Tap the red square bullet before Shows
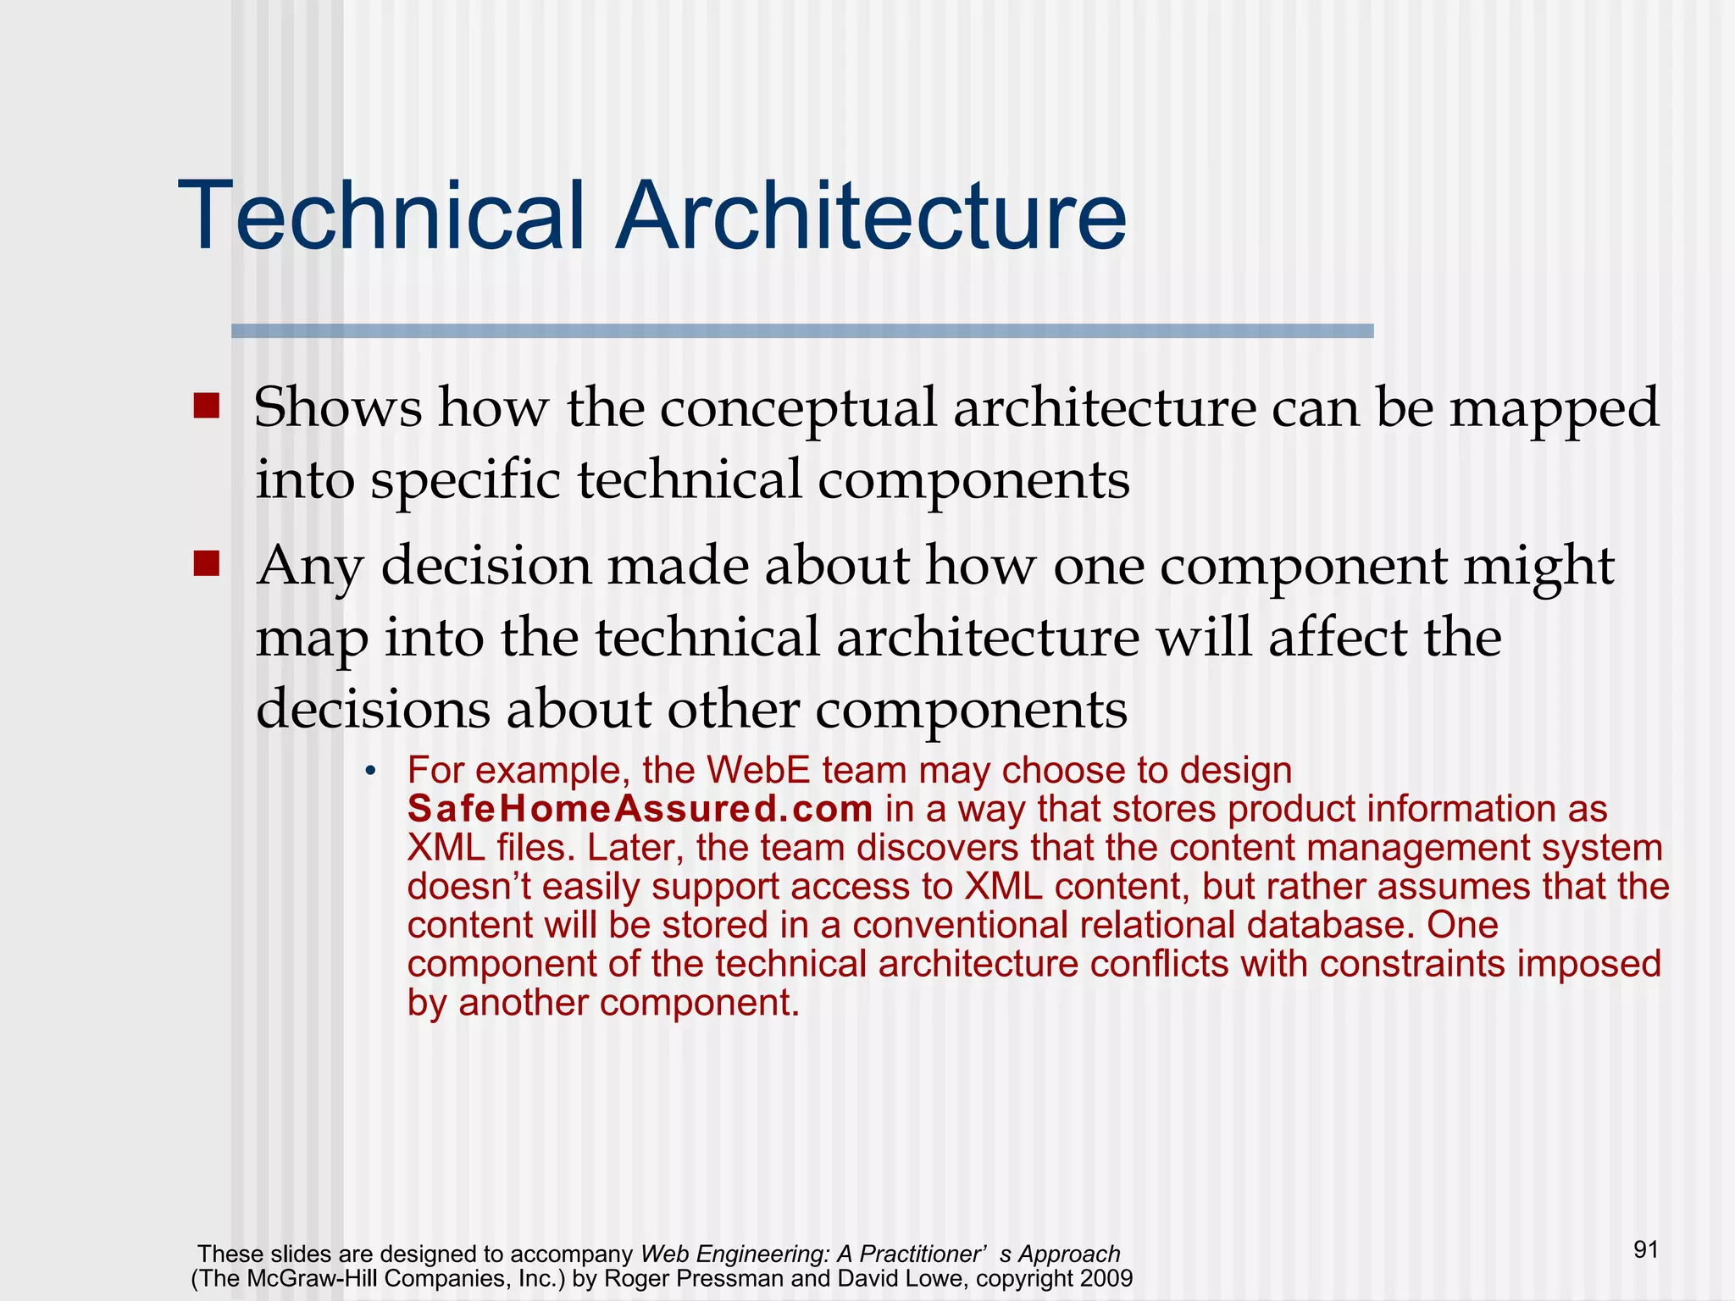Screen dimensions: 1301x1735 [206, 406]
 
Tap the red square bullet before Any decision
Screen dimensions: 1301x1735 [206, 563]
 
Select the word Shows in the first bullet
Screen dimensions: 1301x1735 [337, 407]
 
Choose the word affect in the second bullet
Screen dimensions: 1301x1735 [1339, 637]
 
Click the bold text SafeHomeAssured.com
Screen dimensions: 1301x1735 [640, 810]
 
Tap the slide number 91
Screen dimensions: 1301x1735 [1645, 1249]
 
